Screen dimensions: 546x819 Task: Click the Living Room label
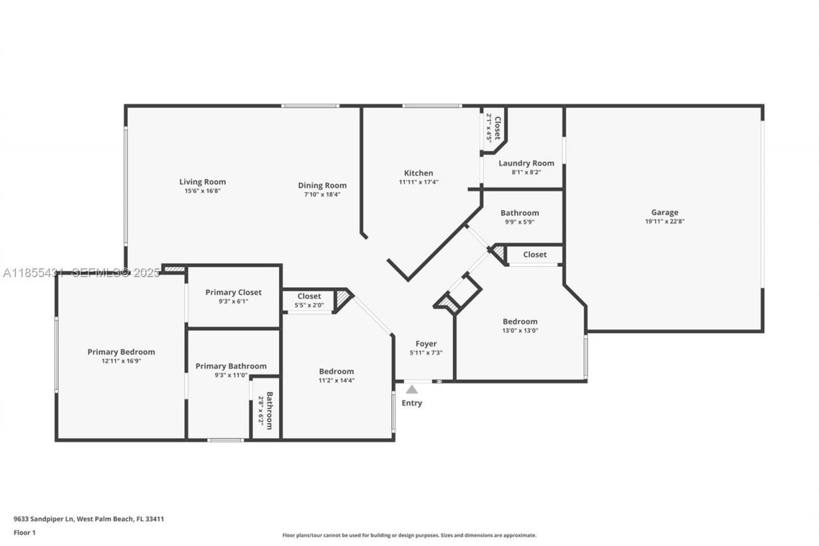pyautogui.click(x=202, y=182)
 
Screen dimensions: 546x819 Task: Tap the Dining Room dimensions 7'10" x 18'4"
pyautogui.click(x=322, y=194)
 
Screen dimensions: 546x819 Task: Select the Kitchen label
pyautogui.click(x=418, y=173)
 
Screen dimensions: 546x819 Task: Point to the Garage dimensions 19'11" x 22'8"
pyautogui.click(x=665, y=221)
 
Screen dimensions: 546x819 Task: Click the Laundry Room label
pyautogui.click(x=526, y=163)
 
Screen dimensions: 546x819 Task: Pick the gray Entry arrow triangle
pyautogui.click(x=412, y=389)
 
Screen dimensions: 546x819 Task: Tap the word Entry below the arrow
pyautogui.click(x=411, y=403)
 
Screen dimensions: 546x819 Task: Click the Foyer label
pyautogui.click(x=426, y=344)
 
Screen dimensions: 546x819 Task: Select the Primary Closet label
pyautogui.click(x=233, y=293)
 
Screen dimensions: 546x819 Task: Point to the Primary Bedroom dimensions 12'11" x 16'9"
pyautogui.click(x=121, y=361)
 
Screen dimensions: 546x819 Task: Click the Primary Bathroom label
pyautogui.click(x=231, y=366)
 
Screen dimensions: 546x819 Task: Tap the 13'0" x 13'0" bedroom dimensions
pyautogui.click(x=520, y=330)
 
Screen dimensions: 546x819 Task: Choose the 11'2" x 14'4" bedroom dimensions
pyautogui.click(x=336, y=380)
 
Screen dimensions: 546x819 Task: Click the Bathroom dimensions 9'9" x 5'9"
pyautogui.click(x=520, y=221)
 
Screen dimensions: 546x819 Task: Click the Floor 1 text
pyautogui.click(x=25, y=533)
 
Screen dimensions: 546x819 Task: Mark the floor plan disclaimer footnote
pyautogui.click(x=409, y=535)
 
